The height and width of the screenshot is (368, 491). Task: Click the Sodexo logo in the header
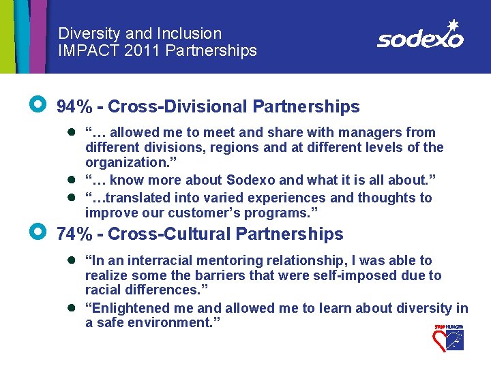click(419, 38)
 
